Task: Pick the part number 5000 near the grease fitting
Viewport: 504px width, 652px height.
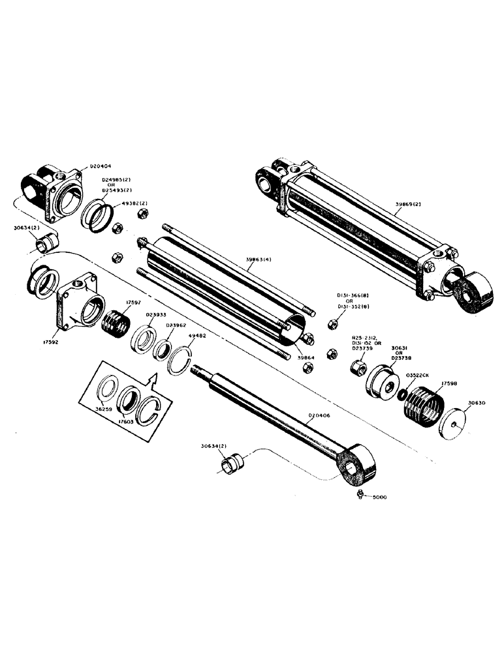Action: pos(380,498)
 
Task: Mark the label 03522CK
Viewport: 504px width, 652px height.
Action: pos(417,376)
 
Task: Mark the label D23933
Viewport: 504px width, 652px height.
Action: pos(156,314)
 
